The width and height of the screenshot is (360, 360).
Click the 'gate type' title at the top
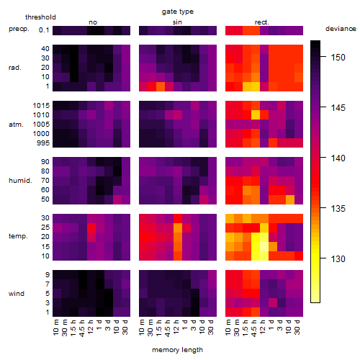pos(178,12)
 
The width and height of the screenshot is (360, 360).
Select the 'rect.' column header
pos(262,22)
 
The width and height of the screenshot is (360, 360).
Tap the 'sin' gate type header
pos(177,22)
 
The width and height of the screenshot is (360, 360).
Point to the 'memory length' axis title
pos(178,350)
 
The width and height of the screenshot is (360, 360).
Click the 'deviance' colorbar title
pos(341,29)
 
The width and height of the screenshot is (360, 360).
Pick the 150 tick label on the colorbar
pos(338,58)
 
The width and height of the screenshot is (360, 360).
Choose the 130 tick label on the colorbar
pos(338,259)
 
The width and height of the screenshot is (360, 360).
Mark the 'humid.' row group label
pos(20,181)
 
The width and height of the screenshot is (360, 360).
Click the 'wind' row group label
pos(17,294)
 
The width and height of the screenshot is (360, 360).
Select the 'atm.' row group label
pos(16,125)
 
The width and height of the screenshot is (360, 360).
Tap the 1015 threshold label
pos(41,106)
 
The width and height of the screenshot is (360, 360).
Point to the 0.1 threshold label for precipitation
pos(44,30)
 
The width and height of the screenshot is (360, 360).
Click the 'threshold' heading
pos(40,17)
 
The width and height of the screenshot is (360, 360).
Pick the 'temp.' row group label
pos(18,236)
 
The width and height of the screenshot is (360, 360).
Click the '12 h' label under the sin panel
pos(176,327)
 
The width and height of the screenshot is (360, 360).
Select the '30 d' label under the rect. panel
pos(297,327)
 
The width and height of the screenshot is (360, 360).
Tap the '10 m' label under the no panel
pos(55,328)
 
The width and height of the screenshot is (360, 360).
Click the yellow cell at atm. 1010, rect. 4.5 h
pos(256,115)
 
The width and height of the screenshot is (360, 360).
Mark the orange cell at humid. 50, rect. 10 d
pos(290,199)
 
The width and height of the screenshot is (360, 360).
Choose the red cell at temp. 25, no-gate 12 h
pos(91,228)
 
